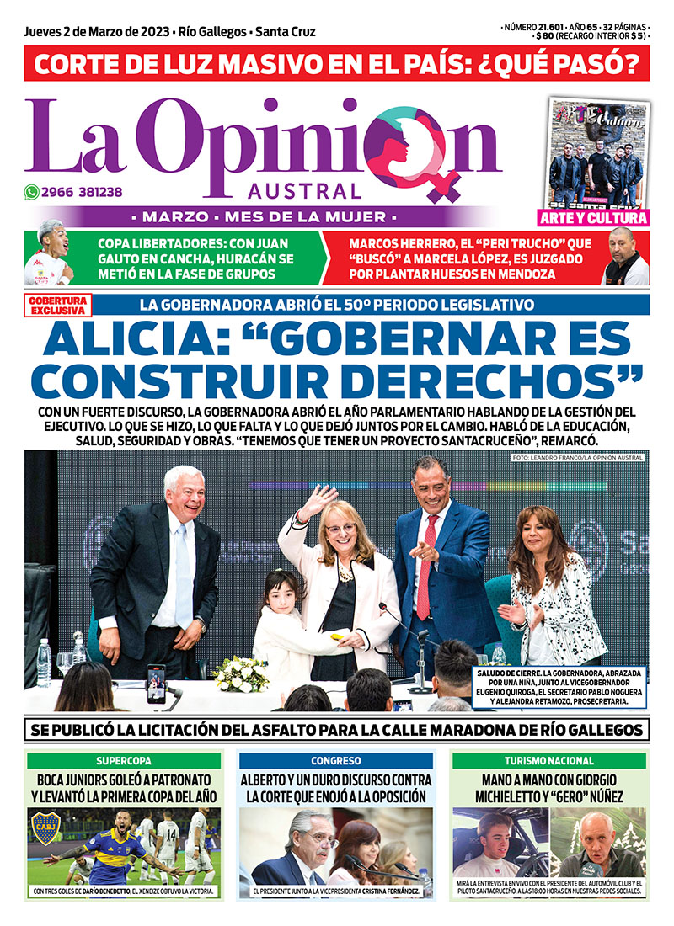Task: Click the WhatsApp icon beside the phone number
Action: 31,191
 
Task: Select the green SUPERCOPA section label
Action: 123,760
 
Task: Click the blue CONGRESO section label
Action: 335,760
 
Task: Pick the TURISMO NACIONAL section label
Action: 549,760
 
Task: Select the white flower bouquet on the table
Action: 241,673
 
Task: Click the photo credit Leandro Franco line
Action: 576,457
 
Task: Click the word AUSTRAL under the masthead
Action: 305,191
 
